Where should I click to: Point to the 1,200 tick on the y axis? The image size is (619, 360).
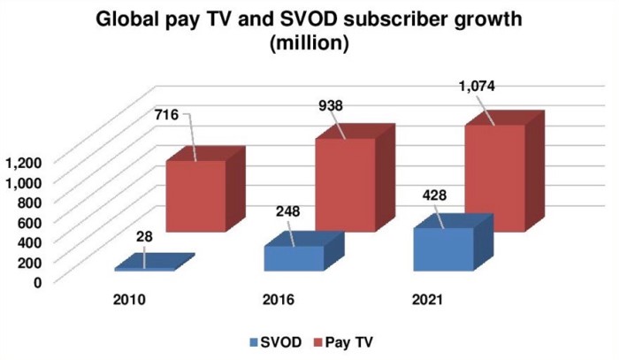coord(21,162)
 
